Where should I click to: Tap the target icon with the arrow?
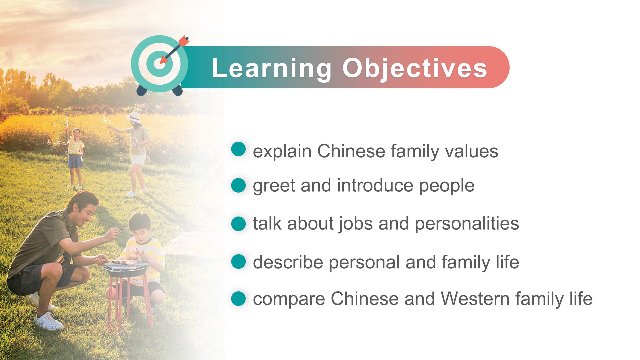point(160,65)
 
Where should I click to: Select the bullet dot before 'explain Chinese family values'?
point(238,149)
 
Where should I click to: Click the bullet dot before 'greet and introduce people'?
point(238,185)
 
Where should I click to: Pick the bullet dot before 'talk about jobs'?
point(238,223)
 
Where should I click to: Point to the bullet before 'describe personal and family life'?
point(238,262)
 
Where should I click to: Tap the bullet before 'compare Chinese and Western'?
point(238,298)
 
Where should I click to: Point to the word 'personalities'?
point(467,224)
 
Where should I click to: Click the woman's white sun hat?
point(134,117)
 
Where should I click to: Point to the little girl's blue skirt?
point(75,161)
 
